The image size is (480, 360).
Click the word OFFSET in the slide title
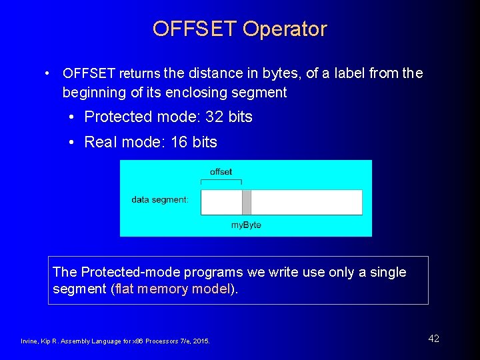[195, 29]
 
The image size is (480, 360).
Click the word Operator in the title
[285, 29]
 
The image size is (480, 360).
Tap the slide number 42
[433, 339]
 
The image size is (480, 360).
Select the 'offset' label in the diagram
[221, 172]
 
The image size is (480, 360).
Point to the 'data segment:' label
[160, 199]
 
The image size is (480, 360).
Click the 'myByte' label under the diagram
[246, 225]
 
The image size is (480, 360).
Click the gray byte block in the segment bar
[246, 202]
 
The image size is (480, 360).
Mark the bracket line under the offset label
[221, 181]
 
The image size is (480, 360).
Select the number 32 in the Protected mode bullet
[214, 117]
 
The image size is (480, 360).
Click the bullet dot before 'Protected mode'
[73, 117]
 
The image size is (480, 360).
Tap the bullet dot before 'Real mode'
[73, 143]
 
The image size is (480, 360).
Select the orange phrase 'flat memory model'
[174, 289]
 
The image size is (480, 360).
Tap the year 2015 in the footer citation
[200, 341]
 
